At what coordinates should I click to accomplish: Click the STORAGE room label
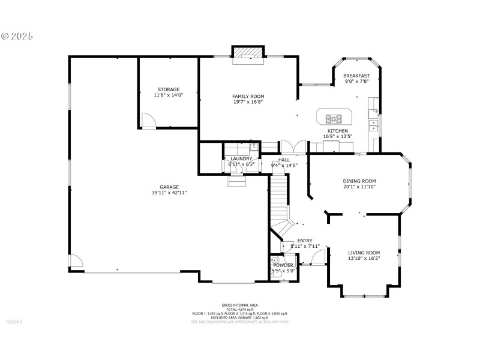(x=168, y=89)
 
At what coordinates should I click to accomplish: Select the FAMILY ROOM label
(x=248, y=96)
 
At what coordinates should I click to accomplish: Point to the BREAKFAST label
(x=356, y=76)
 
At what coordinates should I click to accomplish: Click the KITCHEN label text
(x=337, y=131)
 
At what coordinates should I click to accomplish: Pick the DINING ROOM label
(x=359, y=181)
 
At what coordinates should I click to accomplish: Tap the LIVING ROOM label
(x=364, y=252)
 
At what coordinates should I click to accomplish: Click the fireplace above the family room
(x=248, y=53)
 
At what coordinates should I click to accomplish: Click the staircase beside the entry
(x=278, y=198)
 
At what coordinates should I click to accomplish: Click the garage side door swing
(x=75, y=262)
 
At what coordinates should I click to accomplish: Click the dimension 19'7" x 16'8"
(x=248, y=102)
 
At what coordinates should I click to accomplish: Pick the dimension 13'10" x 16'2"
(x=364, y=258)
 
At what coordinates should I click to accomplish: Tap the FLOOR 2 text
(x=14, y=322)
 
